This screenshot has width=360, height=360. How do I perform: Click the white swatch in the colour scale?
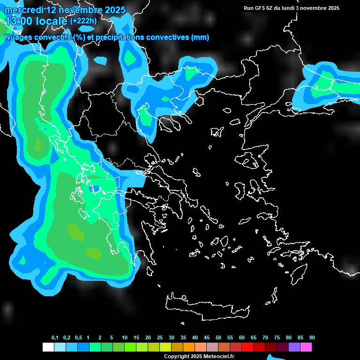[x=48, y=347]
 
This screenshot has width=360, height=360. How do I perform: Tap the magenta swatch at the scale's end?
[x=306, y=347]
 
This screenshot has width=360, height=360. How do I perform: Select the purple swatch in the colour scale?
[x=294, y=347]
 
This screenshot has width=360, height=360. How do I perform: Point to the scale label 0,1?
[x=55, y=338]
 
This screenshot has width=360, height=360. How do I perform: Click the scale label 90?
[x=312, y=338]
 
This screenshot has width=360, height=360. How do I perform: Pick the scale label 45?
[x=207, y=338]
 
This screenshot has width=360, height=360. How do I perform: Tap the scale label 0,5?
[x=78, y=338]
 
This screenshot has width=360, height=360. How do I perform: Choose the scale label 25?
[x=160, y=338]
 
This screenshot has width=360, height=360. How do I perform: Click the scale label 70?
[x=265, y=338]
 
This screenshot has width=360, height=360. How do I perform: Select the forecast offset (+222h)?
[x=83, y=21]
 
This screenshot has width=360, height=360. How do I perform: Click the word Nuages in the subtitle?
[x=18, y=37]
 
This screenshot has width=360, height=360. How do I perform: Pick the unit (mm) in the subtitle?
[x=200, y=37]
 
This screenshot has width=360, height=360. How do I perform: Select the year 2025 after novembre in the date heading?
[x=113, y=10]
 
